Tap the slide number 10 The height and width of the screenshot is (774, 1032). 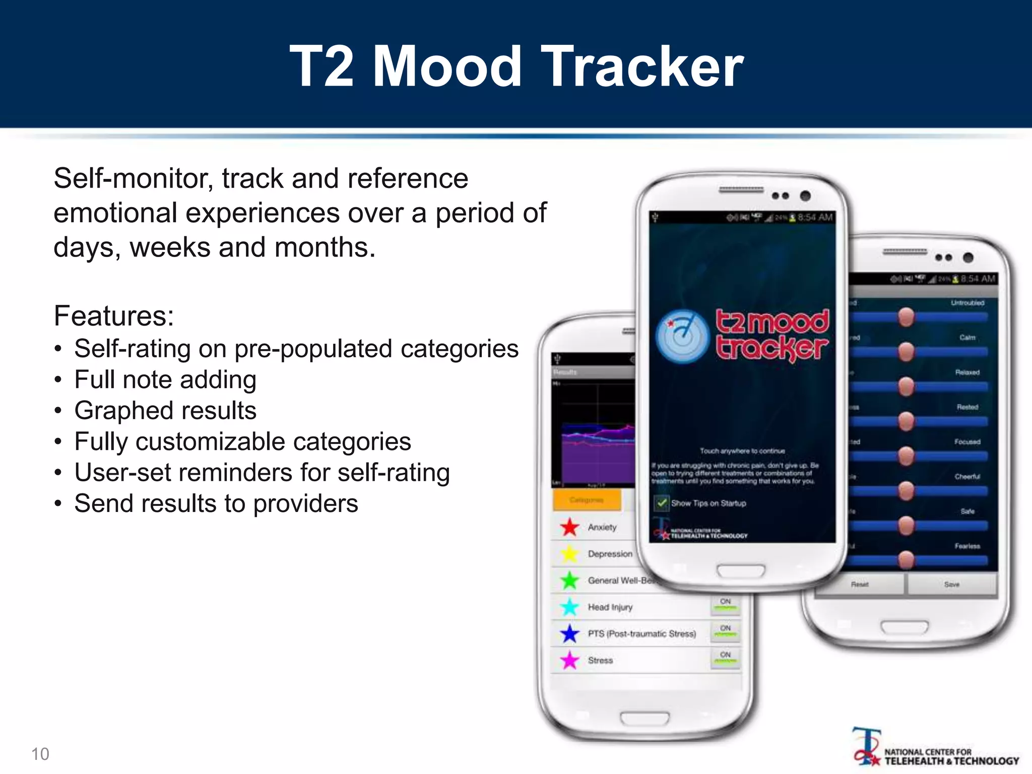click(40, 754)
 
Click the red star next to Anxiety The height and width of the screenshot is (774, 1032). click(570, 527)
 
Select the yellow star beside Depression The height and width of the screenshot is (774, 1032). click(570, 554)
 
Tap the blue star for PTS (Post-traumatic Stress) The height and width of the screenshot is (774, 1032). click(570, 633)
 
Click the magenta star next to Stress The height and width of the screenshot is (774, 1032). click(570, 660)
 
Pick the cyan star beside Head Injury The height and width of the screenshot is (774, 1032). click(570, 607)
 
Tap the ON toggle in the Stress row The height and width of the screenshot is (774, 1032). click(725, 657)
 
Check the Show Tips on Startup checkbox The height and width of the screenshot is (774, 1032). click(661, 503)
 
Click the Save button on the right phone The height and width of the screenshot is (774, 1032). click(951, 585)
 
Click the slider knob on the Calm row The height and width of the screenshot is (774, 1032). click(906, 351)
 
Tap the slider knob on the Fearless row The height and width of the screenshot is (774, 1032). click(906, 559)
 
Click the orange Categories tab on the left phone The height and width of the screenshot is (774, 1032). click(587, 500)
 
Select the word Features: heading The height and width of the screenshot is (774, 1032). click(114, 316)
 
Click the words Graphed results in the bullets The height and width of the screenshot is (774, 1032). click(165, 410)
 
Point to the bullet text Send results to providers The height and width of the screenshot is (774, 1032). click(216, 503)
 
